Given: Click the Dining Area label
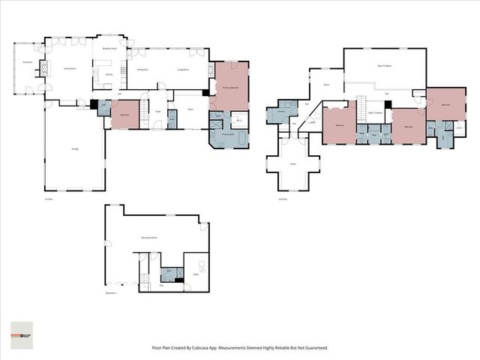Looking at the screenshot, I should pyautogui.click(x=141, y=69).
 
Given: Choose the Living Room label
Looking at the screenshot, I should pyautogui.click(x=181, y=69).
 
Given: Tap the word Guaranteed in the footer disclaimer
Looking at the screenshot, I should pyautogui.click(x=313, y=348).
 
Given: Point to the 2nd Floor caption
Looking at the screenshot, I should pyautogui.click(x=283, y=199).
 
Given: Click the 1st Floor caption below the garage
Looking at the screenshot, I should pyautogui.click(x=49, y=199).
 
